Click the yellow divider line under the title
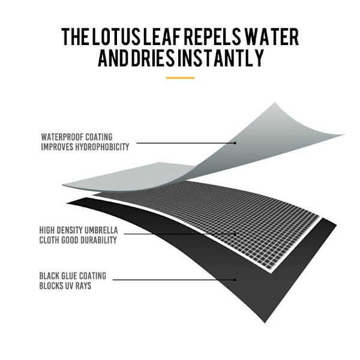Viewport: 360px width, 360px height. click(180, 78)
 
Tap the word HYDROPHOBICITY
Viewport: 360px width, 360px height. click(103, 147)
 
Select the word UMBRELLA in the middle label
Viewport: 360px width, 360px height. click(101, 230)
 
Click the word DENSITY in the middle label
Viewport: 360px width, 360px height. click(70, 230)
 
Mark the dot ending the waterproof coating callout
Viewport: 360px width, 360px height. click(235, 143)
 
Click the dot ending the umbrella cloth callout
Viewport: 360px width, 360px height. click(235, 234)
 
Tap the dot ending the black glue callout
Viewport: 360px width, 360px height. click(235, 280)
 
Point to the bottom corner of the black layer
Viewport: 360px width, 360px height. click(265, 323)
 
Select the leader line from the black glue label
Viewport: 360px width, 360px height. click(174, 280)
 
